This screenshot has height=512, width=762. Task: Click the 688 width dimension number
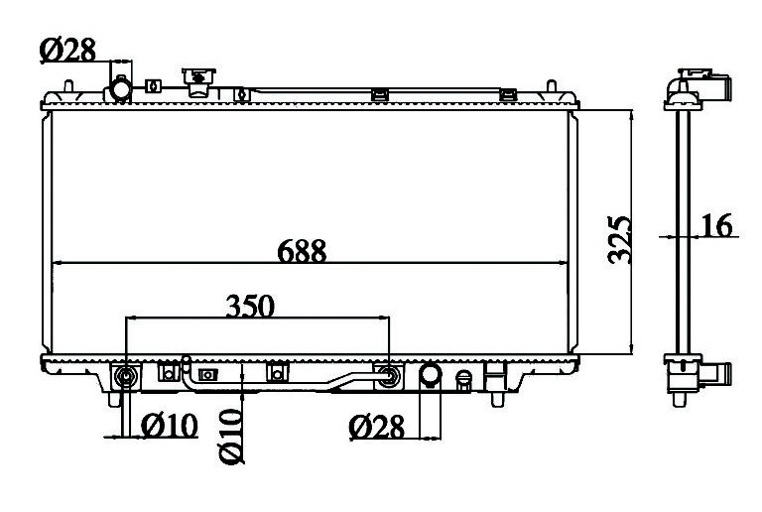coord(302,251)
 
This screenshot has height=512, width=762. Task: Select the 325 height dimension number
coord(619,240)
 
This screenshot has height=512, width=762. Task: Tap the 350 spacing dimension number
coord(250,306)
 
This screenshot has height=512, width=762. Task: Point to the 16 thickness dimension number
coord(716,225)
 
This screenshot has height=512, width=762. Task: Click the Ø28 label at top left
coord(67,50)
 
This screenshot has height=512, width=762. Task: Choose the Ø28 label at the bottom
coord(377,427)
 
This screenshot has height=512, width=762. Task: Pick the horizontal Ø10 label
coord(170,426)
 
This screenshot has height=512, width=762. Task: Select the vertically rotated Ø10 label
coord(231,437)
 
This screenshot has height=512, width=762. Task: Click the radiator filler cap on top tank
coord(198,81)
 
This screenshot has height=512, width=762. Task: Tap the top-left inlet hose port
coord(119,89)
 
